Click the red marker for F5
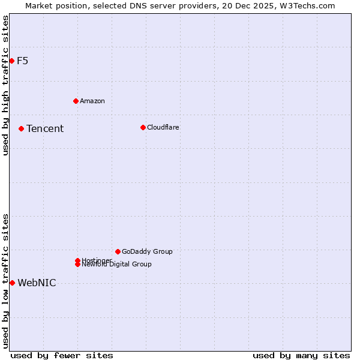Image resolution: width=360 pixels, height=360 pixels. (x=11, y=61)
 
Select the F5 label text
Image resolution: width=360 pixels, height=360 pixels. (x=22, y=61)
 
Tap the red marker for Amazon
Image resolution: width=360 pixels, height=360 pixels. (x=76, y=101)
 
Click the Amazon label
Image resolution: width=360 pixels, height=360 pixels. (x=92, y=101)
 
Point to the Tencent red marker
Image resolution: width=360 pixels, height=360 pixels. (x=21, y=128)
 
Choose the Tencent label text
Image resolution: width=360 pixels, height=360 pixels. (x=44, y=128)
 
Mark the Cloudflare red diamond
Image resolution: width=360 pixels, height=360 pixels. (x=143, y=127)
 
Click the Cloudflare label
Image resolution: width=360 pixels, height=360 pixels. (x=163, y=127)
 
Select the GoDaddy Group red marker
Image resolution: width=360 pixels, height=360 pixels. (x=118, y=251)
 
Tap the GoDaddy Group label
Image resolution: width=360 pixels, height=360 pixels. (x=146, y=251)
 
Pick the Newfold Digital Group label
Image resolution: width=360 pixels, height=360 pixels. (x=116, y=265)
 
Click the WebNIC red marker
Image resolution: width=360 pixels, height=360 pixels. (x=12, y=283)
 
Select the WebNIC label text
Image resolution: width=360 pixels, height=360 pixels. (x=37, y=283)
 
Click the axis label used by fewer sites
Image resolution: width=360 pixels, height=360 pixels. (x=62, y=355)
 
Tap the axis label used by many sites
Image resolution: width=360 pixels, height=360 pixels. (x=301, y=355)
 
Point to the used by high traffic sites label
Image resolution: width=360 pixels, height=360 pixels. (x=5, y=85)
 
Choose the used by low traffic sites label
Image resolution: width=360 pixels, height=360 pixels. (x=5, y=280)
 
